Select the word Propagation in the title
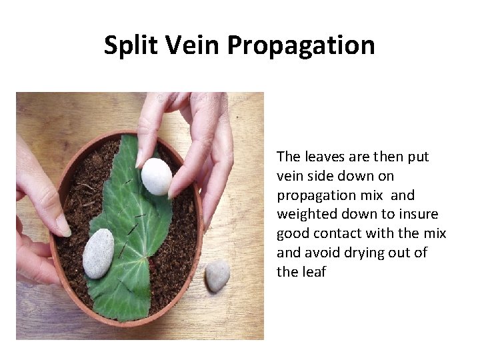[301, 46]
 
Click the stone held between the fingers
[157, 176]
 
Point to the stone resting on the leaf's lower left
[99, 253]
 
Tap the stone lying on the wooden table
[217, 275]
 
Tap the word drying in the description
[358, 253]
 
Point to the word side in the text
[319, 177]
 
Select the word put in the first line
[417, 157]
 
